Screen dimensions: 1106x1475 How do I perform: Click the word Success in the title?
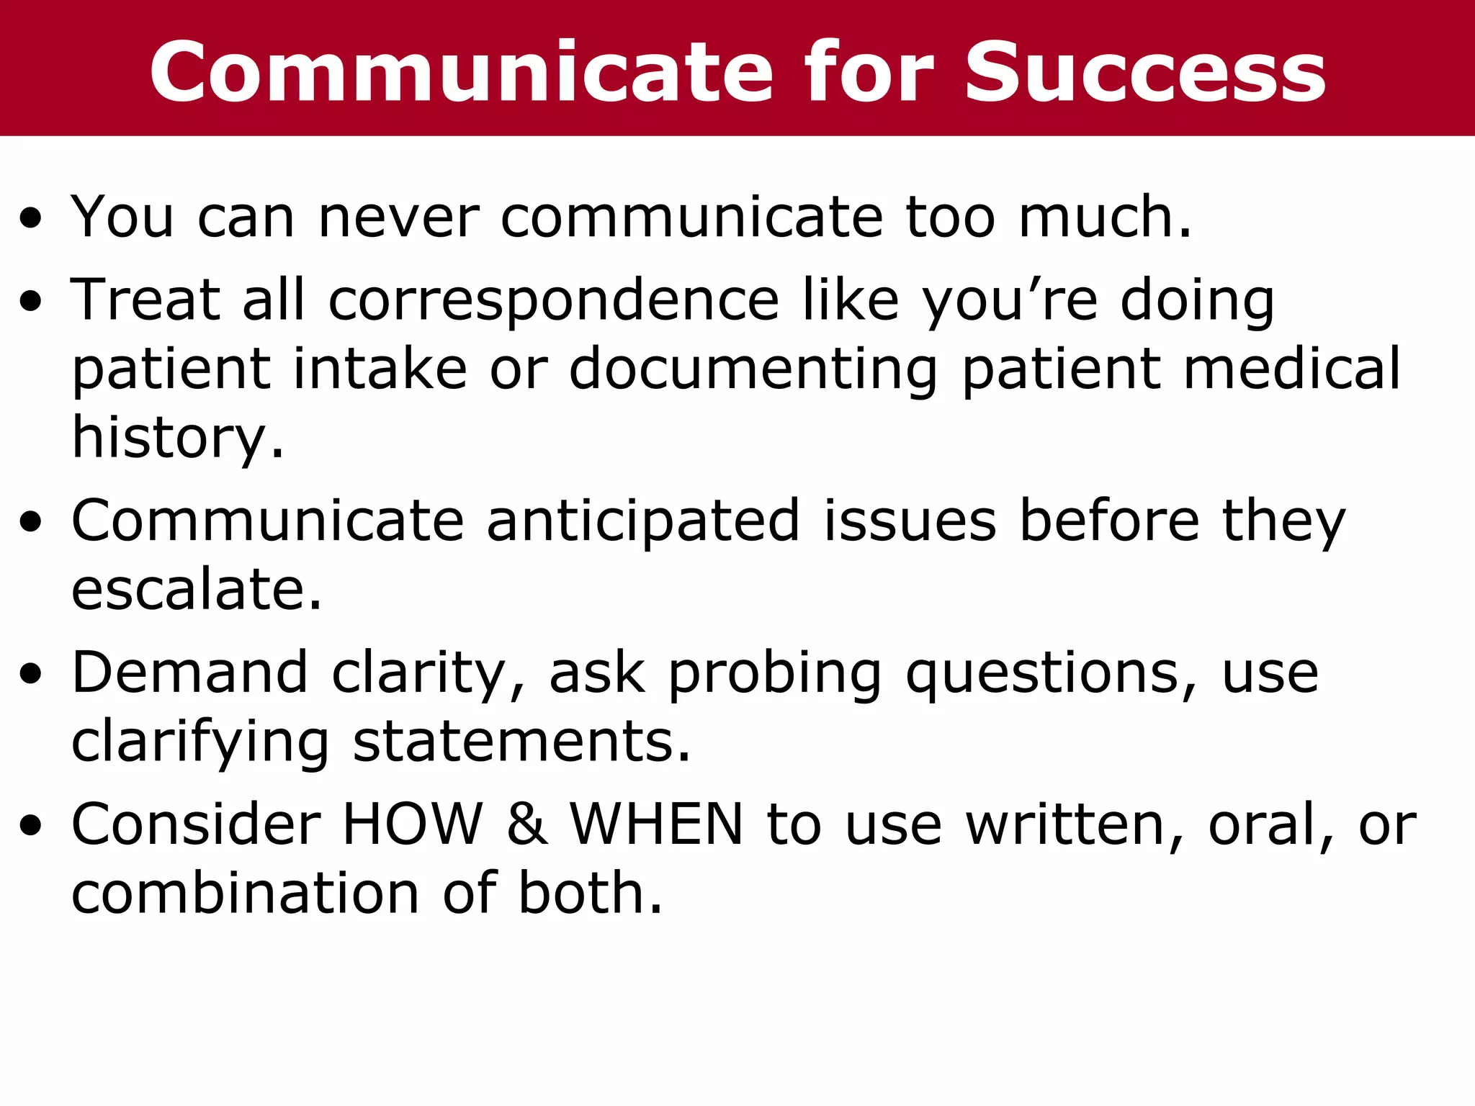tap(1144, 72)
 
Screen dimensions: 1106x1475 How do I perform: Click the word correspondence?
tap(553, 300)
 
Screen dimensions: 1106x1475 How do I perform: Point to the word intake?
tap(380, 369)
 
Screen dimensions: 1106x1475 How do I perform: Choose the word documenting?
tap(753, 370)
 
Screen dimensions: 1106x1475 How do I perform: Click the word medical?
tap(1292, 369)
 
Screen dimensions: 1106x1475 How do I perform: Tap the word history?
tap(177, 439)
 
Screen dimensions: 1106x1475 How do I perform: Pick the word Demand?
tap(190, 673)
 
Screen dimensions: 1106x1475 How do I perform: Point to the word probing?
tap(774, 674)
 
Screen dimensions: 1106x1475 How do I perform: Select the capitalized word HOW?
tap(412, 824)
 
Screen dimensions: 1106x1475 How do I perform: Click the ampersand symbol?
tap(526, 824)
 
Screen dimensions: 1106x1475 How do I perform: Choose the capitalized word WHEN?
tap(656, 824)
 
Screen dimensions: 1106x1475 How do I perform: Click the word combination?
tap(245, 894)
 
